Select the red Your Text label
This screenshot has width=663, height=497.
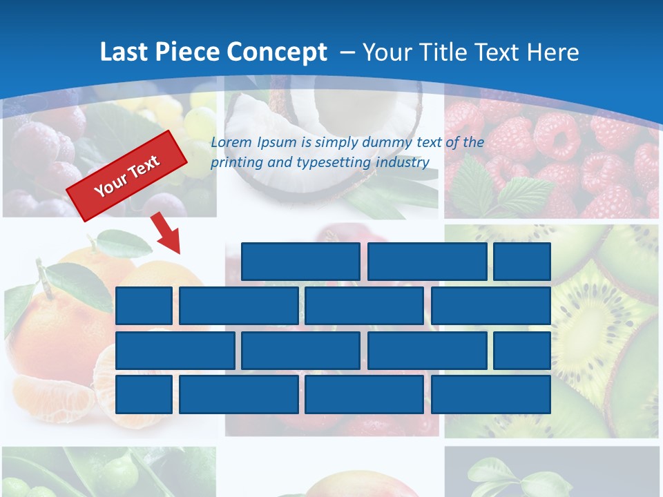pos(127,176)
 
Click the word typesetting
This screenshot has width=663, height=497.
pos(334,163)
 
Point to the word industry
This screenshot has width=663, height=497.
pos(402,163)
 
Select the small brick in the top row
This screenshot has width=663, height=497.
pos(522,262)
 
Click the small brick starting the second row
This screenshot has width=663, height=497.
pos(144,306)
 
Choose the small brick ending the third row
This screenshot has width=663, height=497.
pos(522,350)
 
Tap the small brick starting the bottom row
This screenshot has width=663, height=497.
pos(144,394)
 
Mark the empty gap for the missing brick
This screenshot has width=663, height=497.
pos(176,262)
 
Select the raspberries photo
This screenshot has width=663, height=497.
pos(552,159)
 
